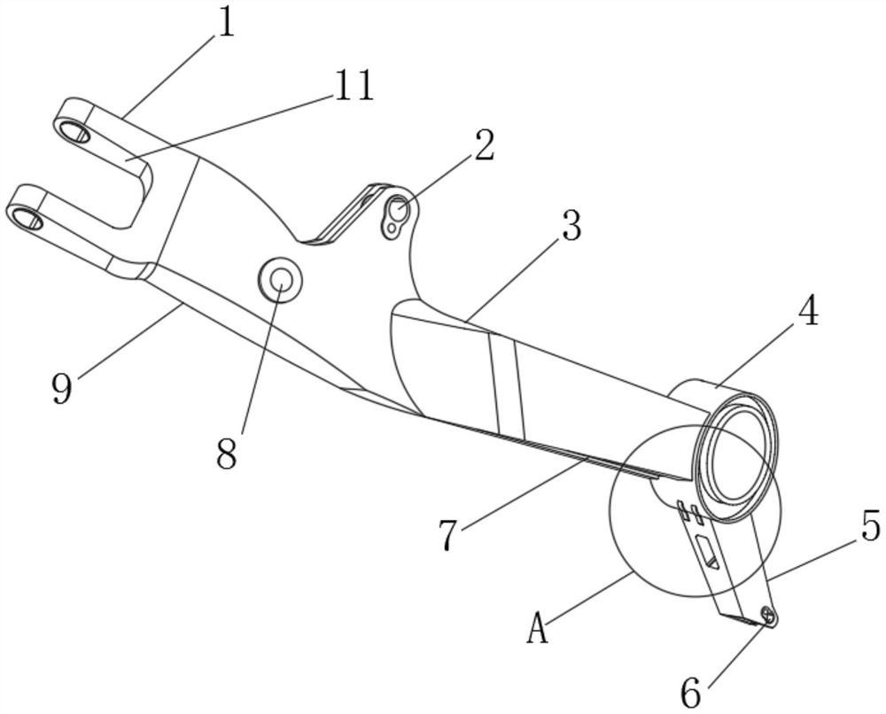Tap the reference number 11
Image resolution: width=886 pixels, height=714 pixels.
tap(353, 87)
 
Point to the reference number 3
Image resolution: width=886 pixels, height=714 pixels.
tap(571, 226)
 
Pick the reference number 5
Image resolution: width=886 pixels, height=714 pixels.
tap(870, 528)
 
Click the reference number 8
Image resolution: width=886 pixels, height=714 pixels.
tap(227, 454)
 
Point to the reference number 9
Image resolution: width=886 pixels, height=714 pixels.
tap(61, 388)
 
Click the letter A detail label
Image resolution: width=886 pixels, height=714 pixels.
tap(537, 631)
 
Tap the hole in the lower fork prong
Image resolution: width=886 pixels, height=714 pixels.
tap(28, 218)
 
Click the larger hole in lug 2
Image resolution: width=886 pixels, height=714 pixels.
tap(400, 211)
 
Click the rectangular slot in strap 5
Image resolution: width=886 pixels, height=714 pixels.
tap(709, 555)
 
